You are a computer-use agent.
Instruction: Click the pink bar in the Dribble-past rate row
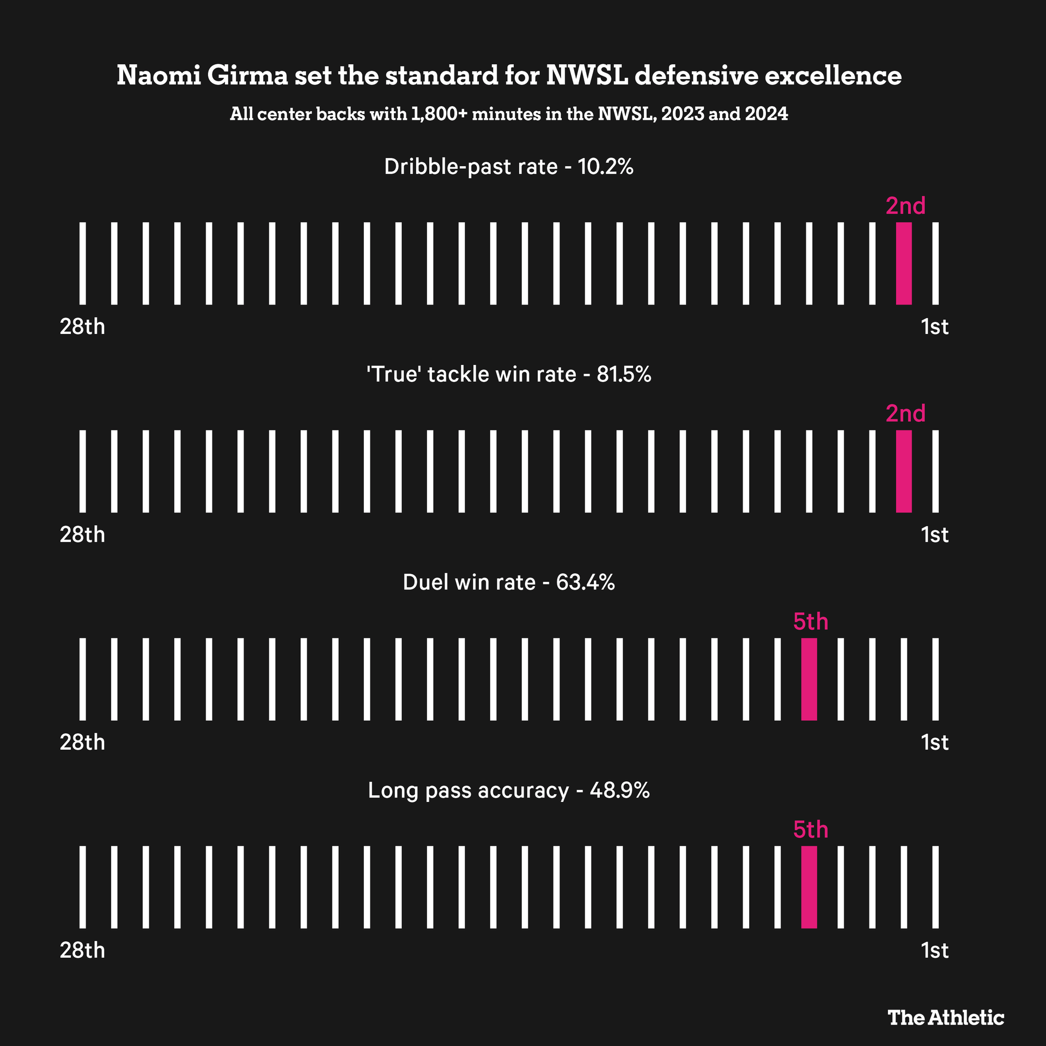coord(904,263)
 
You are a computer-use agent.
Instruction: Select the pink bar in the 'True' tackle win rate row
coord(904,471)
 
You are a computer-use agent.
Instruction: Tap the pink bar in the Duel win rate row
coord(809,679)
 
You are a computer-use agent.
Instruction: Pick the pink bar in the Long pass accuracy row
coord(809,887)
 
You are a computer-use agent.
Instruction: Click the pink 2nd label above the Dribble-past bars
coord(905,206)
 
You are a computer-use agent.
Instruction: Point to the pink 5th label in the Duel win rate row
coord(811,622)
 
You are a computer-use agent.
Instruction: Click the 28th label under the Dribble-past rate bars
coord(82,327)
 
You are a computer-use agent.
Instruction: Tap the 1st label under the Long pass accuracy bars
coord(935,951)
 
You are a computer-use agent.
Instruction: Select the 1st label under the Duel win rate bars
coord(935,743)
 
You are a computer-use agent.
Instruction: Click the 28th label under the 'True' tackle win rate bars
coord(82,535)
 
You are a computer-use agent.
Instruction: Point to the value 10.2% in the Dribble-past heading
coord(605,167)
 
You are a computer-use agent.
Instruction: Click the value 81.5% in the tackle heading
coord(624,375)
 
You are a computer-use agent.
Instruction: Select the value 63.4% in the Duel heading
coord(586,582)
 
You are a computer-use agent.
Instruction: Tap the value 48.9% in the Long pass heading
coord(619,790)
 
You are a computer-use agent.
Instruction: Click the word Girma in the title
coord(247,76)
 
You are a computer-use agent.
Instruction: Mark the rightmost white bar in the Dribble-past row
coord(935,263)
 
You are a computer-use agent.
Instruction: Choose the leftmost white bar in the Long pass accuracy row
coord(83,887)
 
